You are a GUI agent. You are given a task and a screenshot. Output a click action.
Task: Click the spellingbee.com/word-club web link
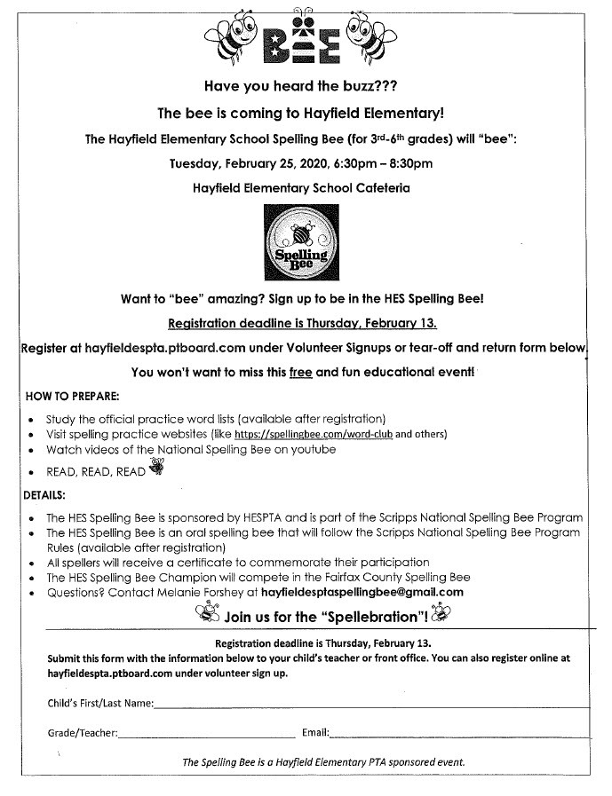pyautogui.click(x=314, y=435)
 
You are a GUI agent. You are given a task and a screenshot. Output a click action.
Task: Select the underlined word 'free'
pyautogui.click(x=300, y=373)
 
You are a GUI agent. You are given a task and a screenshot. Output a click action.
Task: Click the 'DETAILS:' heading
pyautogui.click(x=44, y=494)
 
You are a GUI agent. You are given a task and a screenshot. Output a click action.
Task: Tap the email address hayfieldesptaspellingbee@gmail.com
pyautogui.click(x=361, y=592)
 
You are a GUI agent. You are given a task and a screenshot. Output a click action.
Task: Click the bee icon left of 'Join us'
pyautogui.click(x=209, y=613)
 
